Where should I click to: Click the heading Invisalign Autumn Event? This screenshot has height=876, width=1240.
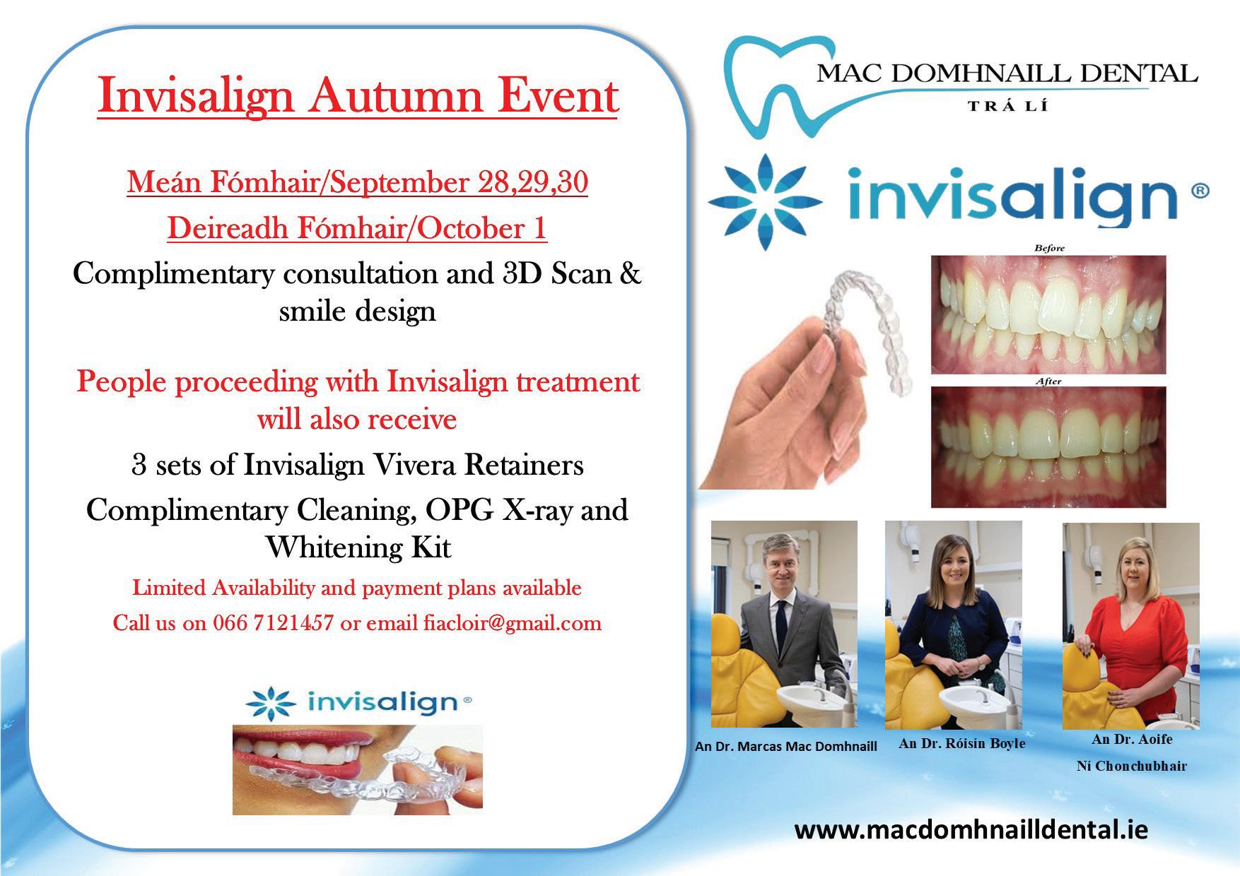click(358, 96)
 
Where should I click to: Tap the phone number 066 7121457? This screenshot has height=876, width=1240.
click(273, 623)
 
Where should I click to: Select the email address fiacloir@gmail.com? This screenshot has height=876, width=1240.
click(513, 624)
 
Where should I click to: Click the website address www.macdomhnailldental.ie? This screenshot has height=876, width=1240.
click(971, 829)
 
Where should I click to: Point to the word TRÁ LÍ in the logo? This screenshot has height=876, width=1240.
click(1007, 106)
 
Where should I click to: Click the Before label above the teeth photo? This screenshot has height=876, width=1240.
click(1048, 248)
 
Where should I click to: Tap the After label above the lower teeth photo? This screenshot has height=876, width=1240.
click(1048, 381)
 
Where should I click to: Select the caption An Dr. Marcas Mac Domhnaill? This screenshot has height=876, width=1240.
click(786, 746)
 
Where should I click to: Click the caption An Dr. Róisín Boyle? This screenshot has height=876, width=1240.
click(961, 743)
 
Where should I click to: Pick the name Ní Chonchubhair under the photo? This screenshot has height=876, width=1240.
click(1131, 766)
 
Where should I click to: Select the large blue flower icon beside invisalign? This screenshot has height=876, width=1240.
click(765, 201)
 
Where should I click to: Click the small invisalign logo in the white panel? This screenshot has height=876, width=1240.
click(358, 702)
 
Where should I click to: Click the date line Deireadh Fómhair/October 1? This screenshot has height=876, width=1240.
click(357, 229)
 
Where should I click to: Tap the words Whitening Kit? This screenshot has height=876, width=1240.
click(358, 547)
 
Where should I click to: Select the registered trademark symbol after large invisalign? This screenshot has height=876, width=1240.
click(1200, 190)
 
